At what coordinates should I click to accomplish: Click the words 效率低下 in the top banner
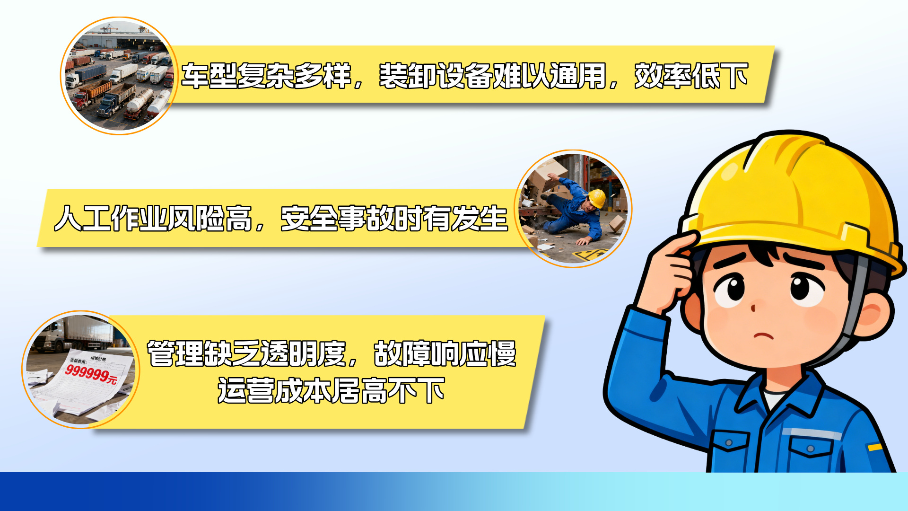[691, 76]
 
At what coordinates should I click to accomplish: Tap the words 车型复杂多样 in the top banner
[266, 76]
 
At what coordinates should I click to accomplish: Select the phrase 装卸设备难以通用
[493, 76]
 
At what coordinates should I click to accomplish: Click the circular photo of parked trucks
[119, 76]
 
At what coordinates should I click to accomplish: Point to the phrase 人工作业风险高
[153, 218]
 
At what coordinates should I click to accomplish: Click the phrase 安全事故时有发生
[394, 218]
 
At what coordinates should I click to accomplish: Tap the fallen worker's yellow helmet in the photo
[598, 198]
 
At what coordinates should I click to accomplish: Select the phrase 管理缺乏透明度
[246, 353]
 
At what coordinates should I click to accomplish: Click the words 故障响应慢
[445, 353]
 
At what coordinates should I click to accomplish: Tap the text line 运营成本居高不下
[331, 390]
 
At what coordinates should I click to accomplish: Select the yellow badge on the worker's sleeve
[875, 447]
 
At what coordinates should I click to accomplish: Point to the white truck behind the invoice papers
[76, 334]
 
